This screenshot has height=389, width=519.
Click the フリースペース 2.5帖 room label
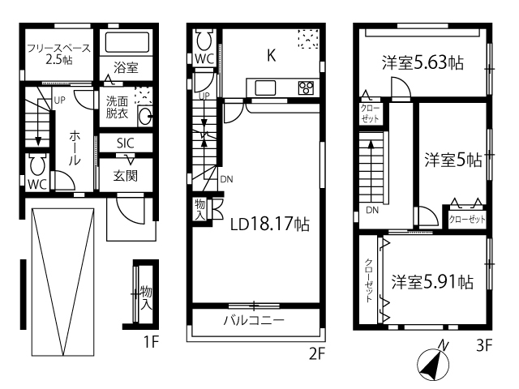coord(58,54)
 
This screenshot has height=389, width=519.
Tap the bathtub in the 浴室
coord(127,42)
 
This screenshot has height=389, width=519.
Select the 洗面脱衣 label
coord(117,107)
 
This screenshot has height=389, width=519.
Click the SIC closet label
coord(126,143)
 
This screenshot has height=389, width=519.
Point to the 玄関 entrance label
coord(126,176)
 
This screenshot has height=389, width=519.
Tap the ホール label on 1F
coord(75,147)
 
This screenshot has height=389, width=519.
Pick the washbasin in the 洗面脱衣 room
coord(145,116)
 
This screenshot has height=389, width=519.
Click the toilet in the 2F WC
coord(204,39)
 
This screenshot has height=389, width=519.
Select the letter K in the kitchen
coord(272,55)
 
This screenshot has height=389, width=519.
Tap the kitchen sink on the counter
coord(265,88)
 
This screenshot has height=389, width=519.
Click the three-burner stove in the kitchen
coord(306,88)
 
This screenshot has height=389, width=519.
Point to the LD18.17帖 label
coord(270,224)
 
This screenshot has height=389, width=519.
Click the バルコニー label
coord(254,320)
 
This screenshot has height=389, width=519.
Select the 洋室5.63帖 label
coord(422,62)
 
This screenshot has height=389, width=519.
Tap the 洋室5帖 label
coord(453,160)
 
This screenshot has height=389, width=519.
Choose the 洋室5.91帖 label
coord(432,282)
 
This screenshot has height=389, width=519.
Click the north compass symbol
coord(433,364)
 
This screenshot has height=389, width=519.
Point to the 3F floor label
coord(484,346)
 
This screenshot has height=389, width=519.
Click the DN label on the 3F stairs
coord(372,210)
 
